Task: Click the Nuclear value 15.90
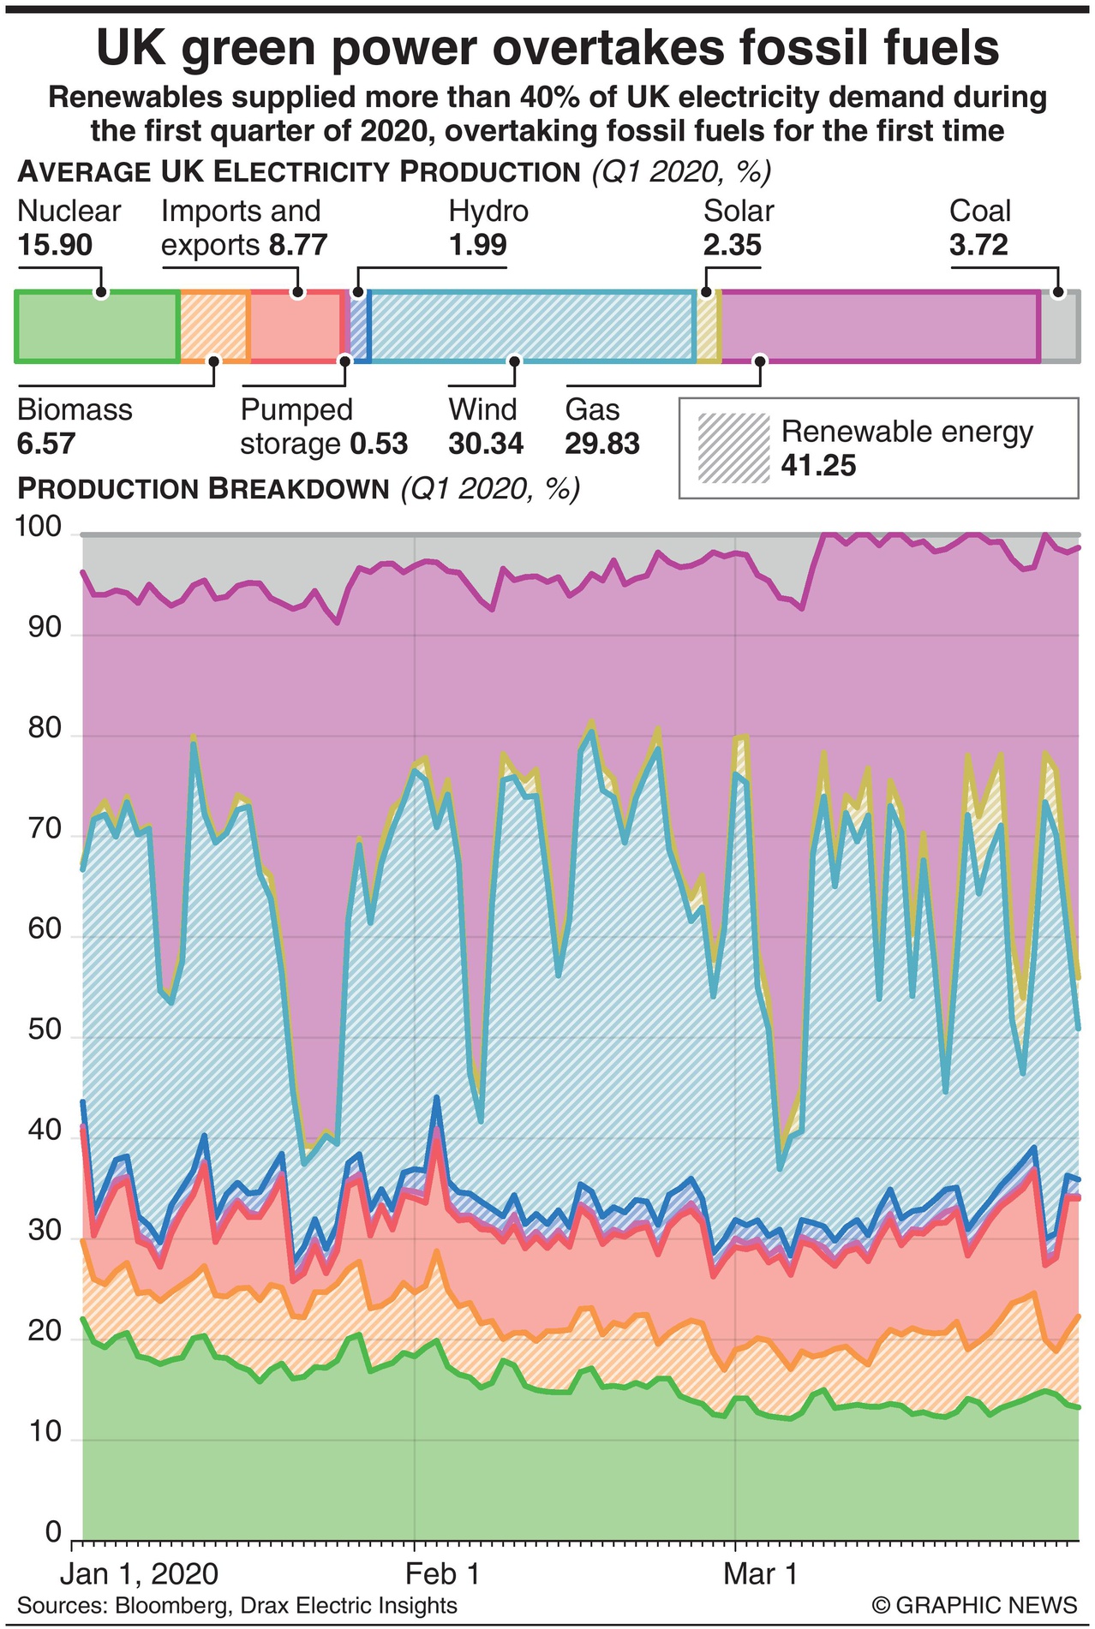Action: click(x=55, y=246)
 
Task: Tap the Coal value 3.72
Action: click(x=978, y=246)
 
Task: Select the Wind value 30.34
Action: click(x=486, y=444)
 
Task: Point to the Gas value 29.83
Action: click(x=602, y=444)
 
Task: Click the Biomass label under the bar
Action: click(x=75, y=409)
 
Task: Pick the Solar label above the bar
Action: click(x=739, y=211)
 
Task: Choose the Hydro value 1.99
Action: click(x=478, y=246)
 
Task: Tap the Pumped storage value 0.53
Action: click(x=379, y=444)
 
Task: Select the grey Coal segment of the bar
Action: click(x=1059, y=326)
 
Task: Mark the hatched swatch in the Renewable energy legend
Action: click(x=733, y=448)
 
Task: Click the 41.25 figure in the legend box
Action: click(x=818, y=465)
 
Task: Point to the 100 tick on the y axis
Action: click(x=39, y=528)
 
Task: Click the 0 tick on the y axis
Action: click(x=54, y=1531)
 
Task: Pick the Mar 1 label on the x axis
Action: click(x=749, y=1573)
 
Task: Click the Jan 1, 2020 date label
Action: click(x=139, y=1573)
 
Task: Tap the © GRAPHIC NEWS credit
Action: click(x=974, y=1604)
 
